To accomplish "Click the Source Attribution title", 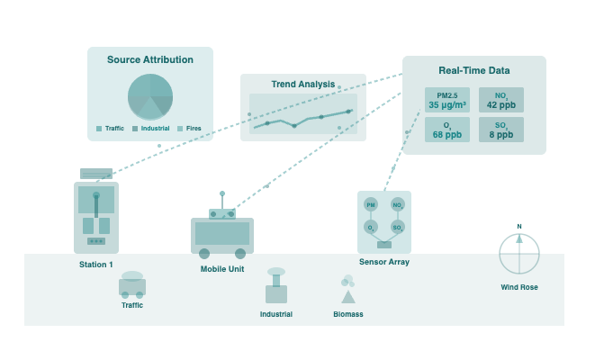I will (149, 60).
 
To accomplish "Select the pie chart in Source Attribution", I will (150, 96).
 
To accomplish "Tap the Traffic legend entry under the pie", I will (111, 129).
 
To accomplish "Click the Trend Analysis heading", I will (302, 85).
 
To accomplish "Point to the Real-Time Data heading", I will (473, 70).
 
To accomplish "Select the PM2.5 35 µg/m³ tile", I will (447, 100).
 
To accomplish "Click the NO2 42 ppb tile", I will (500, 100).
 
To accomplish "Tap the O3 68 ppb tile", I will (447, 130).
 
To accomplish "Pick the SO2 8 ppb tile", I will (500, 130).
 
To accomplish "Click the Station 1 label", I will (96, 265).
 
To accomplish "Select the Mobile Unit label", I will (221, 269).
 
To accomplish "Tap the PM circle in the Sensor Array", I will (370, 205).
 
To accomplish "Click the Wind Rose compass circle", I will (519, 254).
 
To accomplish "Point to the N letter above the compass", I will (519, 227).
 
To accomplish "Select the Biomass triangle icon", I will (347, 295).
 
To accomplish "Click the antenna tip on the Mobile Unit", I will (222, 193).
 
